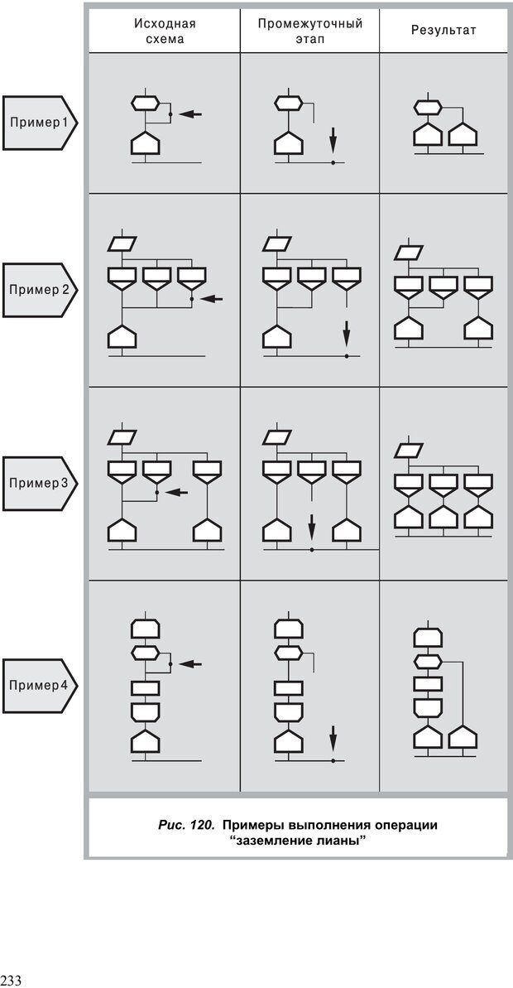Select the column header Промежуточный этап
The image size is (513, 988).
[x=310, y=31]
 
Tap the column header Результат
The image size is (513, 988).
[x=444, y=31]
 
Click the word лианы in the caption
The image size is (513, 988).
[x=340, y=841]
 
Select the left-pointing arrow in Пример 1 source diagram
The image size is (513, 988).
[x=190, y=113]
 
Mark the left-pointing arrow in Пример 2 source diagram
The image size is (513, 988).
[x=213, y=298]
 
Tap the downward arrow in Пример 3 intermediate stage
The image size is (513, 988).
[x=312, y=526]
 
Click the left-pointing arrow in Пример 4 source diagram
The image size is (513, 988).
[x=190, y=663]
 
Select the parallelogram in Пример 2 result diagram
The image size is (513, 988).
[x=409, y=253]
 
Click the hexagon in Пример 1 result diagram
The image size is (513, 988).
[x=428, y=107]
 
